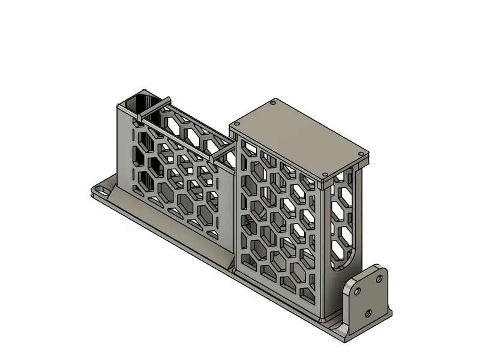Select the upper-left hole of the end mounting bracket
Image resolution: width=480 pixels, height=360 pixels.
(358, 291)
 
